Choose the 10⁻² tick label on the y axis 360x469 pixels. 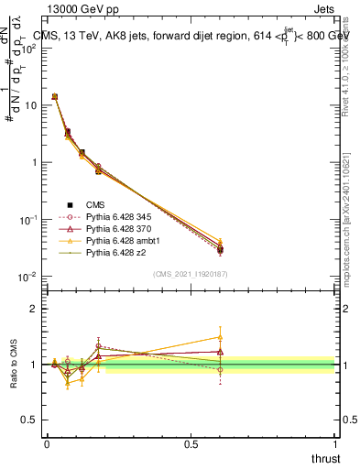pyautogui.click(x=27, y=277)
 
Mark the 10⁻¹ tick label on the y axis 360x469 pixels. pyautogui.click(x=27, y=220)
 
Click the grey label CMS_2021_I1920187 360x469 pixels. pyautogui.click(x=191, y=273)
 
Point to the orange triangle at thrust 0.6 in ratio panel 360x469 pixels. pyautogui.click(x=220, y=336)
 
